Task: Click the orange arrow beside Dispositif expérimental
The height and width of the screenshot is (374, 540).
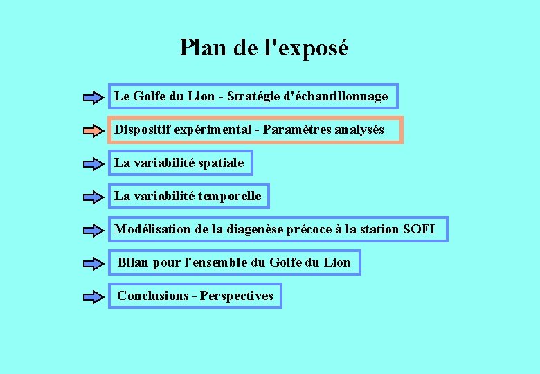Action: (93, 130)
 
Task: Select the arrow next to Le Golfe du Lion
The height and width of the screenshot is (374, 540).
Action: (93, 97)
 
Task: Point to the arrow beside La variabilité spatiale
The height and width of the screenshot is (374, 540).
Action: (93, 164)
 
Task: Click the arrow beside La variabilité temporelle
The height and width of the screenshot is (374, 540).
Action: (93, 197)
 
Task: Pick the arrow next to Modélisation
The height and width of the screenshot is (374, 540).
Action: (93, 230)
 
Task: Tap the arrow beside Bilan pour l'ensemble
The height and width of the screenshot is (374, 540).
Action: (93, 263)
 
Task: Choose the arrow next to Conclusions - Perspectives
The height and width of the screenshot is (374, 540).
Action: (93, 296)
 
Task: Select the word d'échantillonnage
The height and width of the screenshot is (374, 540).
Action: (336, 96)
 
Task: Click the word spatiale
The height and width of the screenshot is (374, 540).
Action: (221, 163)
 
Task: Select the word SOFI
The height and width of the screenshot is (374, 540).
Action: (419, 229)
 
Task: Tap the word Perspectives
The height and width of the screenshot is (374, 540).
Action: (237, 296)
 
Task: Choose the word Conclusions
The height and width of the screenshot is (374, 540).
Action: (153, 296)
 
